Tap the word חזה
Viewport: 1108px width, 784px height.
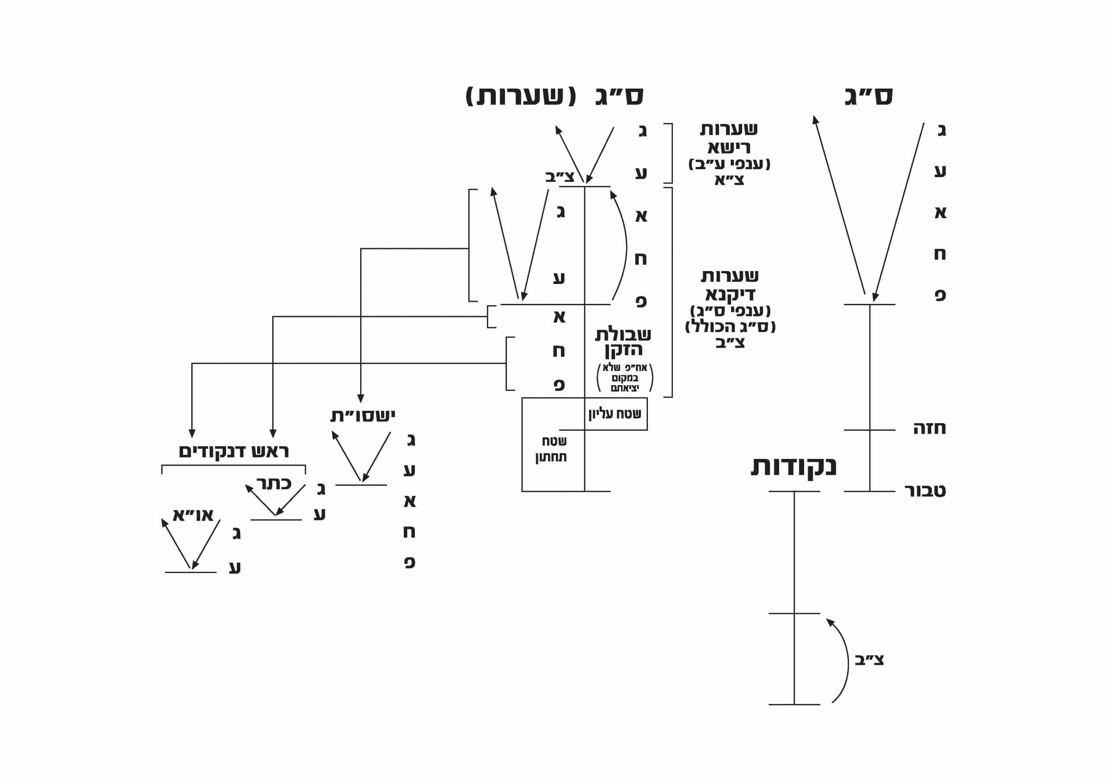point(929,428)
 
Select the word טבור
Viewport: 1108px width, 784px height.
point(924,490)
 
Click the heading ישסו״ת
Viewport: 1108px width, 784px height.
point(362,416)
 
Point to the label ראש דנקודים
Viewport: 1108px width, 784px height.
point(234,452)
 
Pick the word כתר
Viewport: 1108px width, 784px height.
point(274,483)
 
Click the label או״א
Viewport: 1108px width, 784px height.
point(193,515)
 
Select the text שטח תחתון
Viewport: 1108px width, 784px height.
point(551,449)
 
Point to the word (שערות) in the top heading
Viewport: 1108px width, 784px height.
point(521,96)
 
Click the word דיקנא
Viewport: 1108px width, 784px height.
point(730,294)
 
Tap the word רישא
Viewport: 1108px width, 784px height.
point(729,147)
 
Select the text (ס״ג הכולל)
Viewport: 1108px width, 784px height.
point(730,327)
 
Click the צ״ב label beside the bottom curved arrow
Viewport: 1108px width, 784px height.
point(869,660)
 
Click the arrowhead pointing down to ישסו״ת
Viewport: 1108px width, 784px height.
point(361,398)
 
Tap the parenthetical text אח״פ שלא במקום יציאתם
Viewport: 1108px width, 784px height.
point(625,377)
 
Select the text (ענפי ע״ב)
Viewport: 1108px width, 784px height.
point(729,164)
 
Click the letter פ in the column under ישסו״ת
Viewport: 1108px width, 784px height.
point(410,562)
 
